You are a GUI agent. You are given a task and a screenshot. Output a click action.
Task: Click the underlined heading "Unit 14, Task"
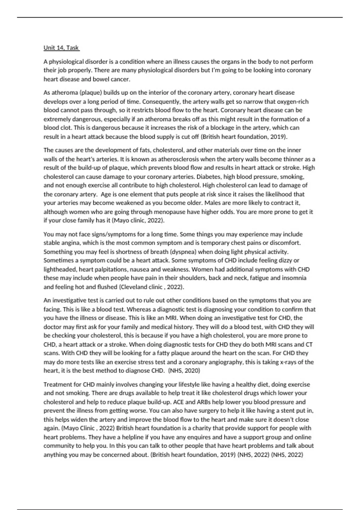(61, 48)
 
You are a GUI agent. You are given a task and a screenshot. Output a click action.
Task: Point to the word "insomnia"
(295, 278)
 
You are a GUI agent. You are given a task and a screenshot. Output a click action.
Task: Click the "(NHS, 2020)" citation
(184, 371)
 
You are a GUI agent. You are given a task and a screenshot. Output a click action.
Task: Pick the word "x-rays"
(287, 362)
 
